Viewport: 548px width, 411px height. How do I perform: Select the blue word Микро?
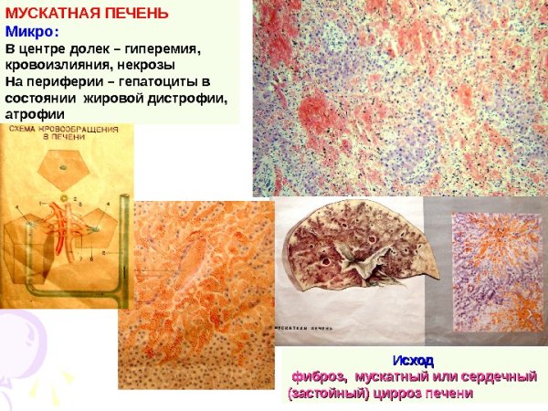coord(28,31)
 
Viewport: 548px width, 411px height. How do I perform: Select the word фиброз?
coord(319,377)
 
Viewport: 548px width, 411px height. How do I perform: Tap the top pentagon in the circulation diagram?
coord(61,163)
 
